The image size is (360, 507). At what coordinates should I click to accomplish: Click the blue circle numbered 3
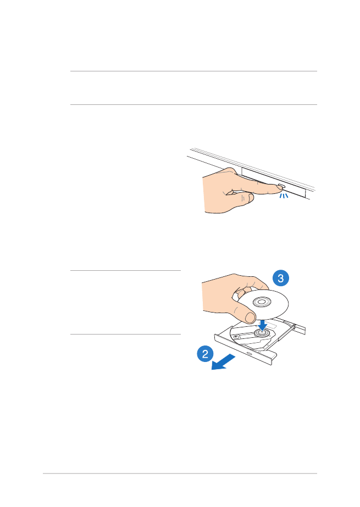(280, 278)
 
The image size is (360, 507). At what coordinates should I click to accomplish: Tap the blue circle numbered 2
(205, 354)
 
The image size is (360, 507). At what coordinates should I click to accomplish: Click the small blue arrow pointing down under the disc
(263, 325)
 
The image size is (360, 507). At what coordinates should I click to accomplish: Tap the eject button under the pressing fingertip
(280, 186)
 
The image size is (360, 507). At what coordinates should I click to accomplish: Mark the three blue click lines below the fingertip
(284, 196)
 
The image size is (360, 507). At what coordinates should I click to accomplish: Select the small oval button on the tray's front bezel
(250, 354)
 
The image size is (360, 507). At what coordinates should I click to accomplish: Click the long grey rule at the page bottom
(180, 473)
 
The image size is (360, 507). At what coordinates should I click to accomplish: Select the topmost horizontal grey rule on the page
(193, 71)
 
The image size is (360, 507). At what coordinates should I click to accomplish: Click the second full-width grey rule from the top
(193, 104)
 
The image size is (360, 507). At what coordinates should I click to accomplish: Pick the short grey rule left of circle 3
(125, 270)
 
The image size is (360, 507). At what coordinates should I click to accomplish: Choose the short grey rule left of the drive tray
(125, 334)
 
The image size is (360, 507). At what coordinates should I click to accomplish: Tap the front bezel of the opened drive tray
(245, 350)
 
